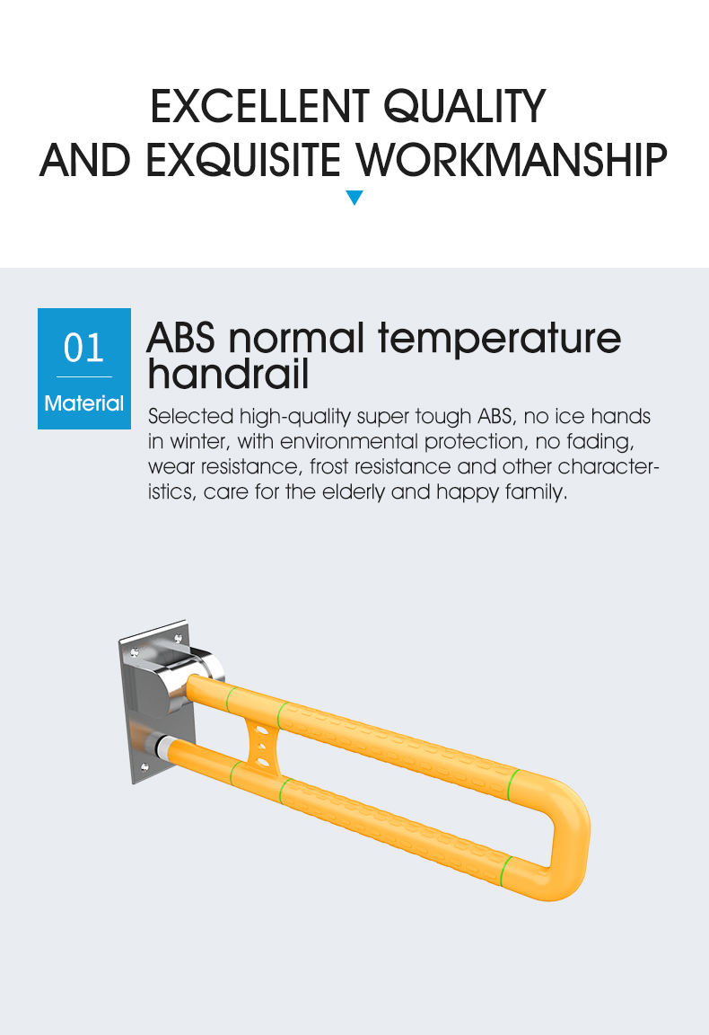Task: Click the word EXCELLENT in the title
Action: [x=259, y=106]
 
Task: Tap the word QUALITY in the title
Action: [x=464, y=107]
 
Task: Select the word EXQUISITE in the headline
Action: [x=242, y=160]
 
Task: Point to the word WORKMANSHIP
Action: [x=512, y=160]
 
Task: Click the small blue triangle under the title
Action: [x=354, y=198]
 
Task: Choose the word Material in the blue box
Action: [x=83, y=402]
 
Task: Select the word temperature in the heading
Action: [x=499, y=340]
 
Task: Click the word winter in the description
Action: [x=200, y=442]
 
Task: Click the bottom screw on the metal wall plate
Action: [x=145, y=767]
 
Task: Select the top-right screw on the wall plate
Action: [x=178, y=638]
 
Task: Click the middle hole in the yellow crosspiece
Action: [x=262, y=747]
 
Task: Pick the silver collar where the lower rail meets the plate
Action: [x=161, y=747]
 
